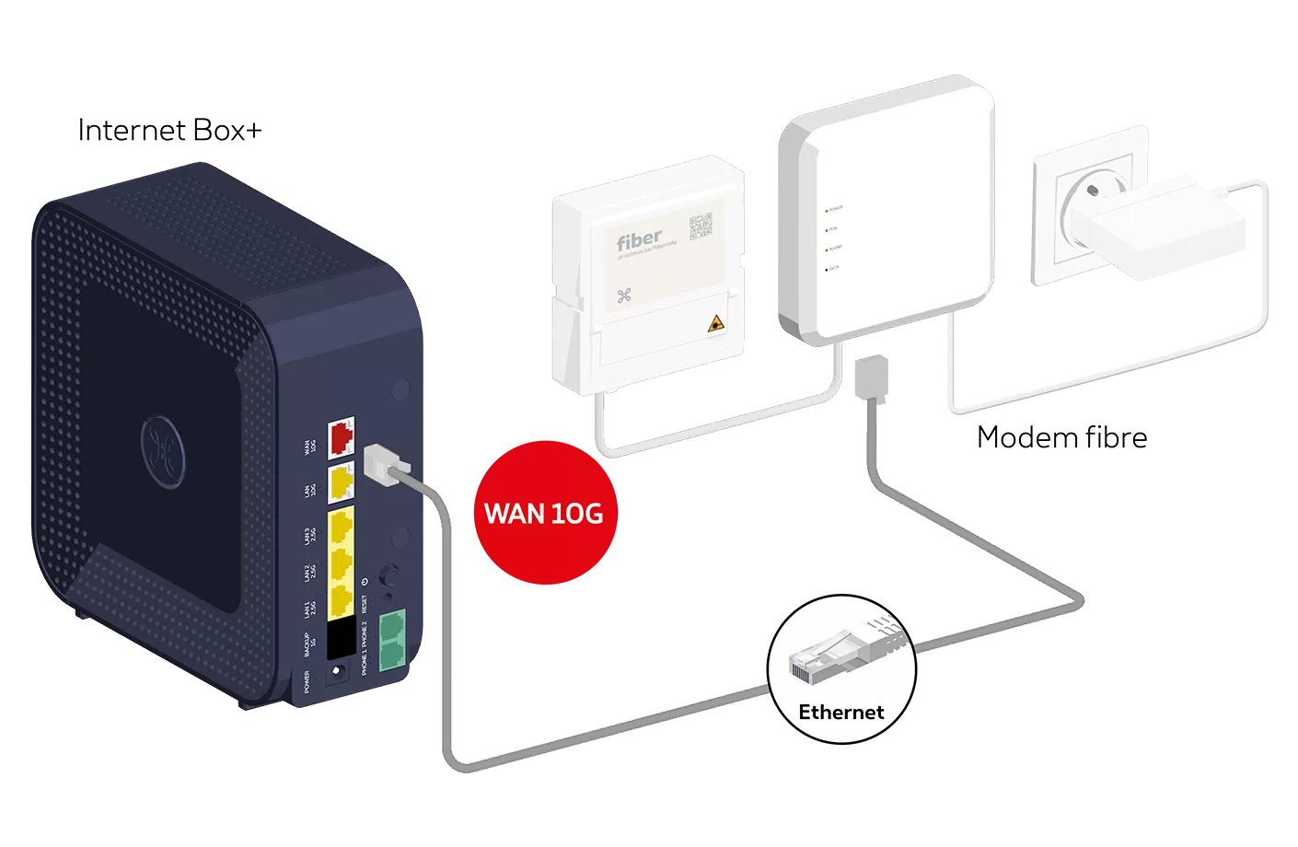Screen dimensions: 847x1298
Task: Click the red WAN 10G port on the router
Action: tap(342, 437)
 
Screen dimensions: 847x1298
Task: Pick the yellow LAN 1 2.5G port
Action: tap(342, 598)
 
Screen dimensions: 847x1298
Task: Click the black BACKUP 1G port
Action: tap(342, 638)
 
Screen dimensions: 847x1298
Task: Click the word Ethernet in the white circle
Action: tap(840, 712)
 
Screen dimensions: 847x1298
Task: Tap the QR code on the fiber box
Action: tap(701, 226)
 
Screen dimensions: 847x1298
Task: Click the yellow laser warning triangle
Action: tap(713, 324)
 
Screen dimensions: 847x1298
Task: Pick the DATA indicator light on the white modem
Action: tap(827, 269)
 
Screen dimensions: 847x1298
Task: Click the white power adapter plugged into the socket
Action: tap(1156, 226)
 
